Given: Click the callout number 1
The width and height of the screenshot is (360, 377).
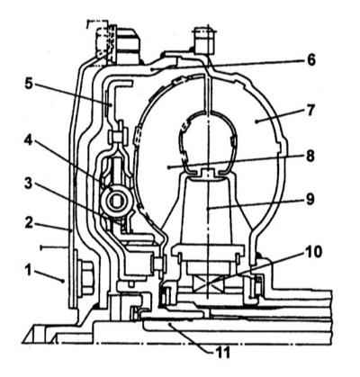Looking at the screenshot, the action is pos(28,271).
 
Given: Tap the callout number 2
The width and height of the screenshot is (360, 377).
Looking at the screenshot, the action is pos(29,222).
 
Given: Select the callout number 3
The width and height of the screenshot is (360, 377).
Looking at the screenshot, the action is pos(28,184).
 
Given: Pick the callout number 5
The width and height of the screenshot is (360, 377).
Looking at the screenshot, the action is pos(29,85).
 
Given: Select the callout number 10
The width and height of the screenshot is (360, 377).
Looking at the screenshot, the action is pos(311,252).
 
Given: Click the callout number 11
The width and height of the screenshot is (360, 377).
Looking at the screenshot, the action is pos(221,353).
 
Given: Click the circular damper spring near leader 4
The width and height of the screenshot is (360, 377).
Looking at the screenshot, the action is pos(115,202).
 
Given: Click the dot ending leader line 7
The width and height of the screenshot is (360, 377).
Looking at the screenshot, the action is pos(256,121).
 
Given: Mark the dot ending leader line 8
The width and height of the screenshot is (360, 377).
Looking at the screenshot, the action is pos(170,166).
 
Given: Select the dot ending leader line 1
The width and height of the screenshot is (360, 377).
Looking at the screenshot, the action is pos(62,281).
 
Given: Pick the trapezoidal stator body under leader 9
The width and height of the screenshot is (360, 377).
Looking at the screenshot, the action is pos(207,210).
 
